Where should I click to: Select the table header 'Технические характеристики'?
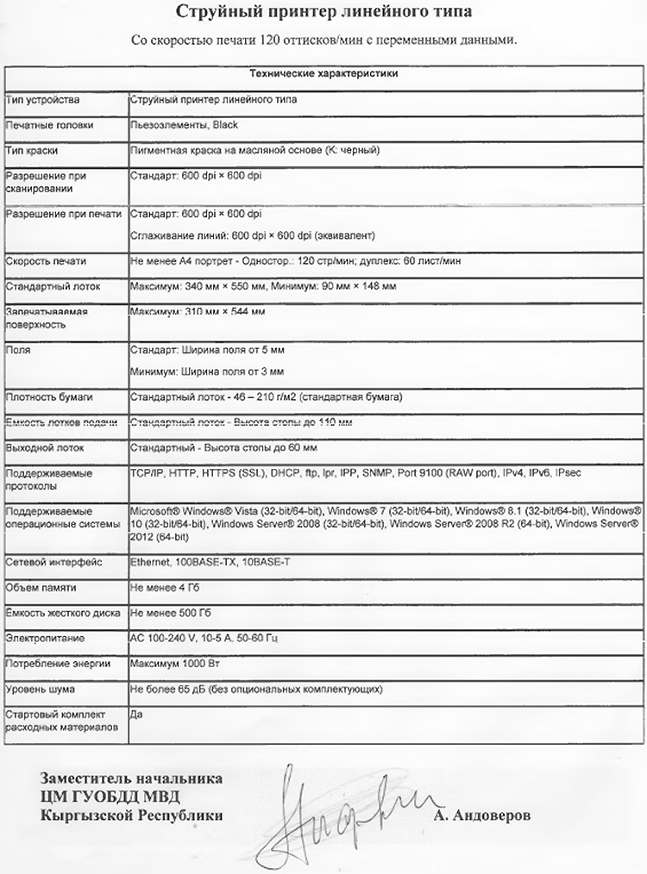(x=323, y=74)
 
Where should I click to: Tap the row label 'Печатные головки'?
(x=49, y=125)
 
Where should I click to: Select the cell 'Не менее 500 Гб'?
(x=168, y=613)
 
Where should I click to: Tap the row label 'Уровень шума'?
(x=41, y=690)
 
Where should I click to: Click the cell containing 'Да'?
(x=135, y=715)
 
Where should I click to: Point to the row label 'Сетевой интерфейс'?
(x=53, y=562)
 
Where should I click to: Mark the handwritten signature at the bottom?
(x=345, y=815)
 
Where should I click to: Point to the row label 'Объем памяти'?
(x=41, y=587)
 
